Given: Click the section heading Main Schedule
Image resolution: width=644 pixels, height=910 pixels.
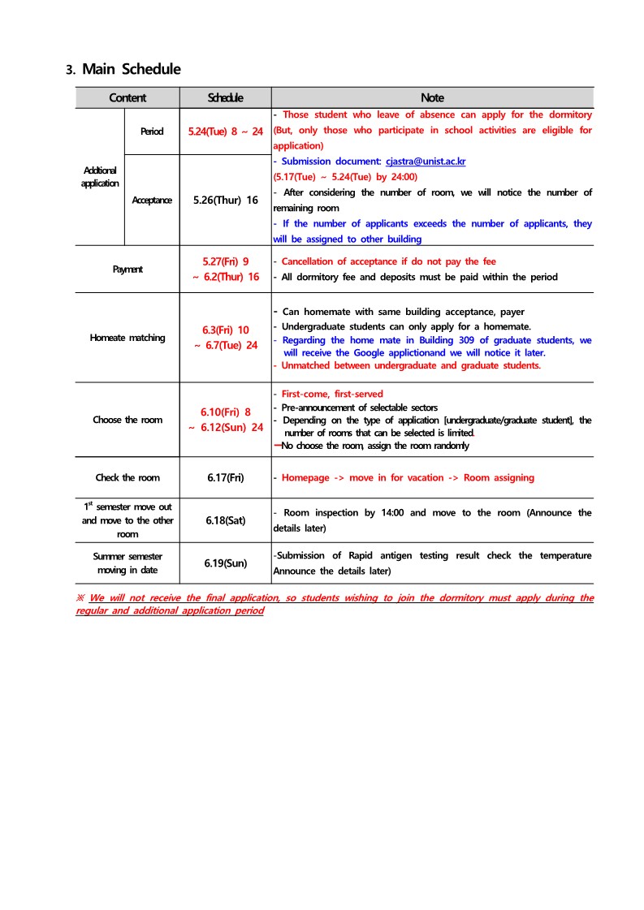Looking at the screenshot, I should pyautogui.click(x=131, y=69).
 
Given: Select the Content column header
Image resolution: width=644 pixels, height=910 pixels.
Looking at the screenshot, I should pyautogui.click(x=128, y=98).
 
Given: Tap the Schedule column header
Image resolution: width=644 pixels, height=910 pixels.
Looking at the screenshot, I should pyautogui.click(x=225, y=98).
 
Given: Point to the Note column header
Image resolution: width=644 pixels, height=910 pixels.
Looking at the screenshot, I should pyautogui.click(x=432, y=98).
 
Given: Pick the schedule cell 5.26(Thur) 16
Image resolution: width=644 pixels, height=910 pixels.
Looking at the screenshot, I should pyautogui.click(x=226, y=200).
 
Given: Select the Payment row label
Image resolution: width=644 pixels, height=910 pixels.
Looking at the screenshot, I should pyautogui.click(x=128, y=269).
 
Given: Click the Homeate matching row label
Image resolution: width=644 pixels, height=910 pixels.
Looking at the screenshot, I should pyautogui.click(x=128, y=338).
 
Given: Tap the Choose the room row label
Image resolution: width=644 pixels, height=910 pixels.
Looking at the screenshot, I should pyautogui.click(x=128, y=420).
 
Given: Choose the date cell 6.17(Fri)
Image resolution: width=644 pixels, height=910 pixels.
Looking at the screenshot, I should pyautogui.click(x=226, y=477).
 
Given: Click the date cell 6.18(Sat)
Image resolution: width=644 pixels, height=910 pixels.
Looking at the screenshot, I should pyautogui.click(x=226, y=520).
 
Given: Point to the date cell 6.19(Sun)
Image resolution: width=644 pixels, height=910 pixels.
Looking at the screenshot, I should pyautogui.click(x=226, y=563).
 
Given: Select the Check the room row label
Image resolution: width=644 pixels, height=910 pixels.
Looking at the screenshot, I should pyautogui.click(x=128, y=477).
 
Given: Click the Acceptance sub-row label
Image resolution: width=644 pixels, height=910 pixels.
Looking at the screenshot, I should pyautogui.click(x=152, y=201).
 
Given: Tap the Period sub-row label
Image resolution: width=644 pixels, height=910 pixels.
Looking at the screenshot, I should pyautogui.click(x=152, y=132).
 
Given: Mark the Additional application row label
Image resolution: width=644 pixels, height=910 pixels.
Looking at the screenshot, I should pyautogui.click(x=100, y=177).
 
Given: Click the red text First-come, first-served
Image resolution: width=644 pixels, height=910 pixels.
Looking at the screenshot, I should pyautogui.click(x=321, y=395).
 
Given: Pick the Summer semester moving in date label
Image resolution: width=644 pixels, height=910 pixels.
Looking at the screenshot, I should pyautogui.click(x=128, y=563).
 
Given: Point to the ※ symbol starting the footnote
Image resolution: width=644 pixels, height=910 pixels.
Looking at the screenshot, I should pyautogui.click(x=80, y=598).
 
